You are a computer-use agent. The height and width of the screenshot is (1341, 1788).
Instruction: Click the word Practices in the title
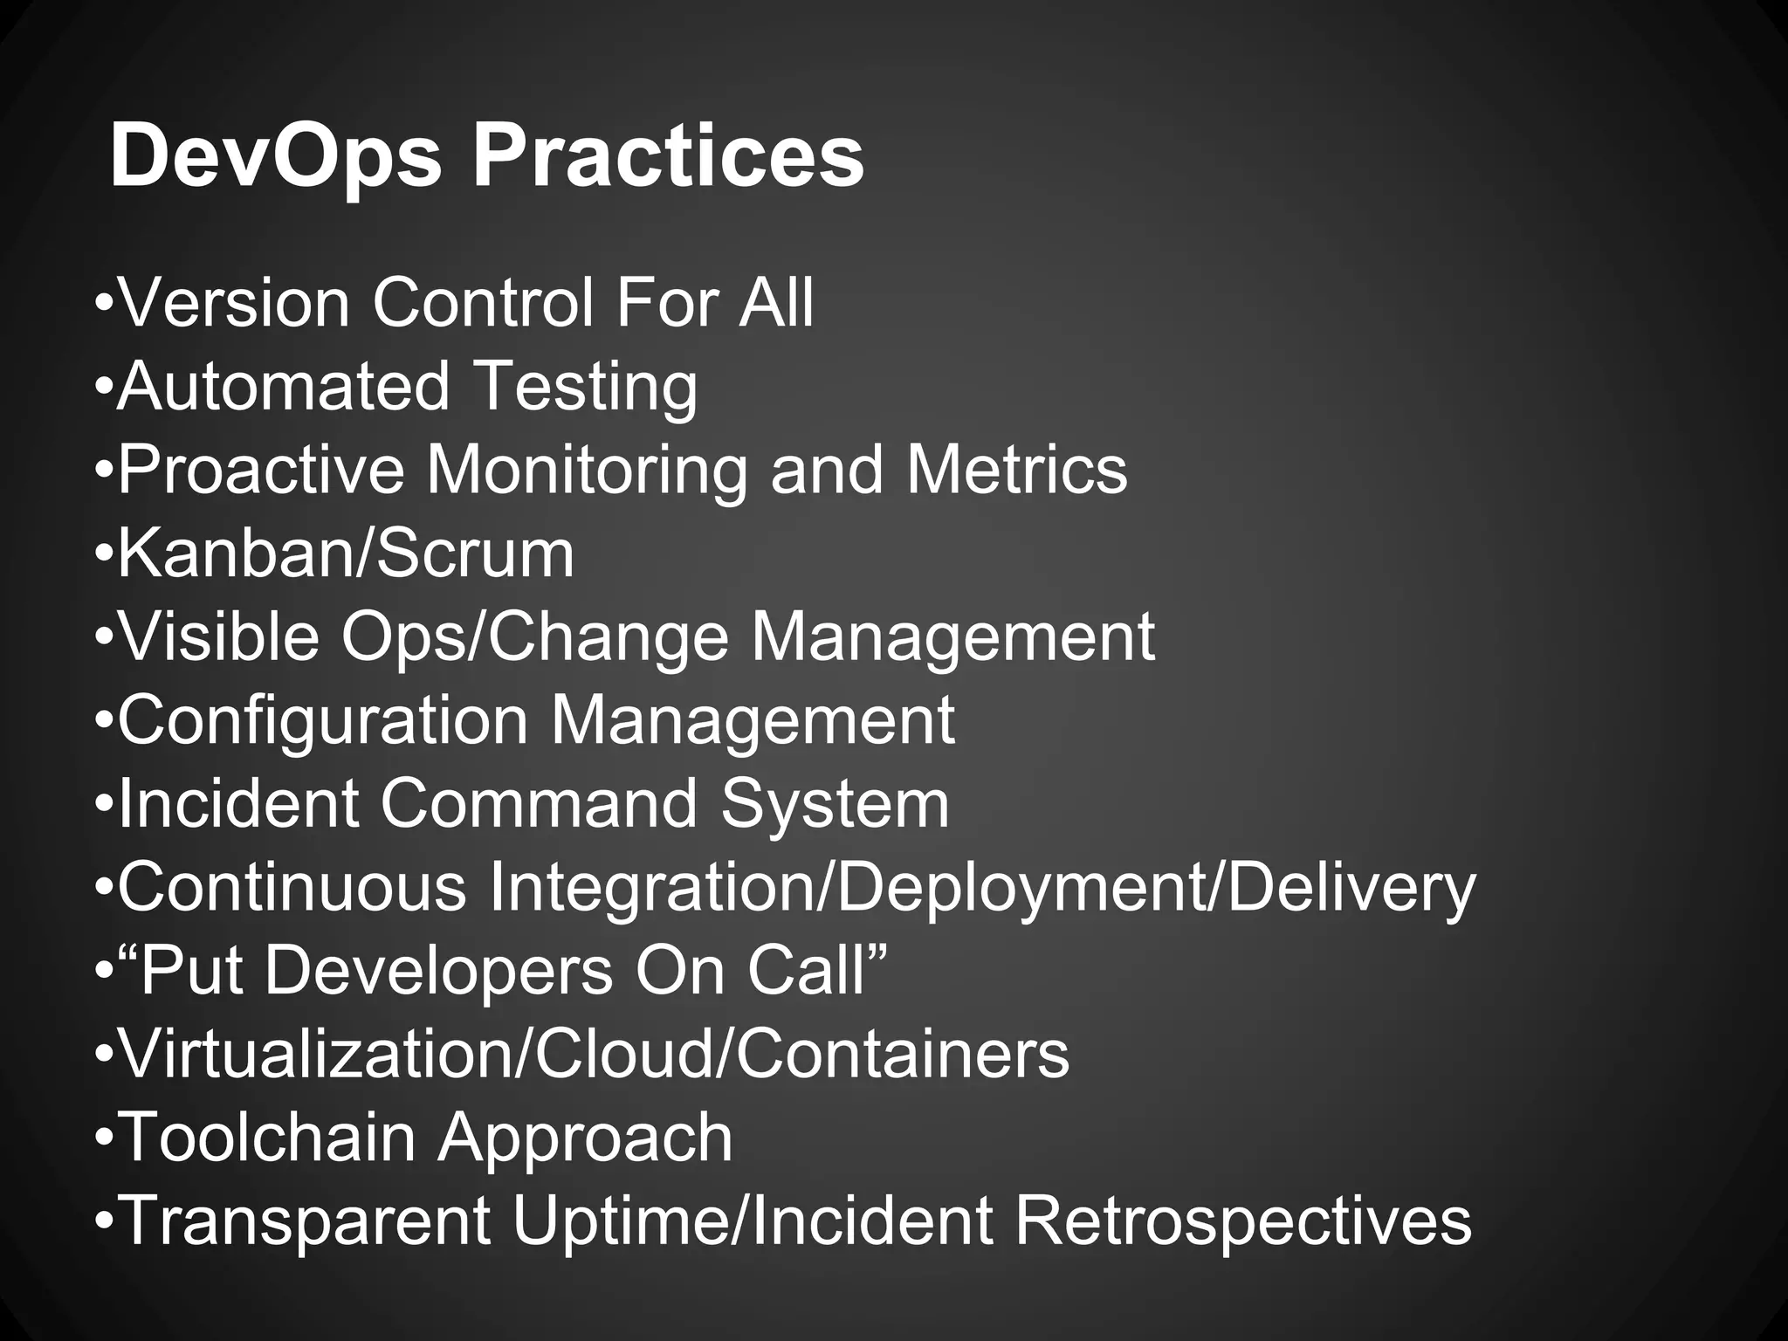click(x=668, y=158)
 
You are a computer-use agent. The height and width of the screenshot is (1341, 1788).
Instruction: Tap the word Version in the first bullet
click(x=233, y=303)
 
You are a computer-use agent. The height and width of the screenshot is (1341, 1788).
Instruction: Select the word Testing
click(x=586, y=387)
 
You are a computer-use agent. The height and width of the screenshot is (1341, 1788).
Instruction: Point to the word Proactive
click(x=260, y=471)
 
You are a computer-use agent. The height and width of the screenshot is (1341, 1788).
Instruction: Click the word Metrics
click(x=1016, y=471)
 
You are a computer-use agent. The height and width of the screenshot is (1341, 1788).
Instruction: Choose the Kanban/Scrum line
click(x=345, y=554)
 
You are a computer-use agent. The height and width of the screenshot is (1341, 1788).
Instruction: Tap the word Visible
click(x=218, y=637)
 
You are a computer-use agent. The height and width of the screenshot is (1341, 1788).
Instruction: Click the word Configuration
click(x=323, y=721)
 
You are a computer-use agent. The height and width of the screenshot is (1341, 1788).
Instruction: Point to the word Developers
click(x=438, y=971)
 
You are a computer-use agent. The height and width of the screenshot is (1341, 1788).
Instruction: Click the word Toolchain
click(x=265, y=1138)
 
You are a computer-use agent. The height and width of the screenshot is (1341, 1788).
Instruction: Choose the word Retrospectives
click(x=1242, y=1221)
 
